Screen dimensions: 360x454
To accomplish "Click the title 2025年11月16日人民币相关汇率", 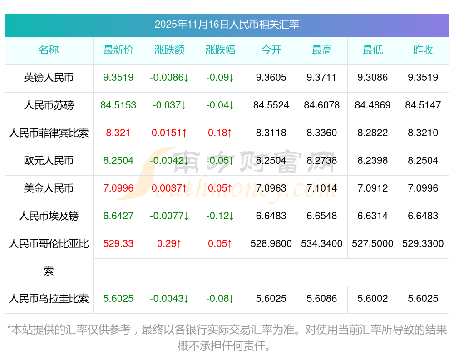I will (227, 25).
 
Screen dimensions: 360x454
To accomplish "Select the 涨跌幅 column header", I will (220, 50).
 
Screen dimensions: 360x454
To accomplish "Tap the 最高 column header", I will (322, 50).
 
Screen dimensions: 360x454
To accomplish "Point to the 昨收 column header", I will (423, 50).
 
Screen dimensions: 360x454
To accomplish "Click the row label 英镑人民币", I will (49, 78).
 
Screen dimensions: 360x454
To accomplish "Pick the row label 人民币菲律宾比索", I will (49, 133).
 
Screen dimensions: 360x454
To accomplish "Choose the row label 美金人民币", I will (49, 188).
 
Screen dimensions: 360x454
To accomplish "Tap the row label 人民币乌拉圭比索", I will (49, 299).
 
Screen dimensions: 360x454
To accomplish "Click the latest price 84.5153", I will (118, 105).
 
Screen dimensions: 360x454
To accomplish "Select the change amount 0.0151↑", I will (169, 133).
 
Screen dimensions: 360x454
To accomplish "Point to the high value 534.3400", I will (322, 244).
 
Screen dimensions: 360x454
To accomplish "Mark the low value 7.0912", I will (373, 188).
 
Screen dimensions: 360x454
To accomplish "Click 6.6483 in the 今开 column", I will (271, 216).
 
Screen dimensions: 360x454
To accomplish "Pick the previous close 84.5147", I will (423, 105).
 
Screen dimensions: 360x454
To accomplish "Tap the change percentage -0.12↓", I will (220, 216).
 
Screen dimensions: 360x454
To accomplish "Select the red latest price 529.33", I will (118, 244).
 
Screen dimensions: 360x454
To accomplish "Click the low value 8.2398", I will (373, 161).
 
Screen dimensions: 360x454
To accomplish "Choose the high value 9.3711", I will (322, 78).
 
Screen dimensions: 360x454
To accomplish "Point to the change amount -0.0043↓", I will (169, 299).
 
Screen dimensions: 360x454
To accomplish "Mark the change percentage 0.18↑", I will (220, 133).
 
